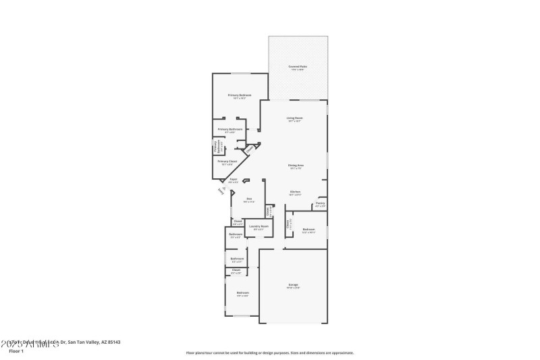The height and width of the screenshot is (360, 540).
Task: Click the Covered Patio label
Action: [298, 67]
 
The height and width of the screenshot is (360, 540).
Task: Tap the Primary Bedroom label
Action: [240, 95]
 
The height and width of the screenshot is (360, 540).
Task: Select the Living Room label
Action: [295, 118]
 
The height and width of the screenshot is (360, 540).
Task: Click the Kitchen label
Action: [295, 192]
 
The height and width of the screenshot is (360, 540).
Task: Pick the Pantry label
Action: [320, 203]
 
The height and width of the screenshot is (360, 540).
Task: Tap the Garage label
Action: [294, 285]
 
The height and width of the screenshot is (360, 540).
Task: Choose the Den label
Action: [248, 198]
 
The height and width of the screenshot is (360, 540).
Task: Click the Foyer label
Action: [233, 180]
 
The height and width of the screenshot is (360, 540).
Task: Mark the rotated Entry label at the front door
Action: [221, 192]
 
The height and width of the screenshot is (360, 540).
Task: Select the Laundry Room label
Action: [259, 226]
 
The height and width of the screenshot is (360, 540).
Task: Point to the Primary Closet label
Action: [227, 161]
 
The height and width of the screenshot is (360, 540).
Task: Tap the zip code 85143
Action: [113, 342]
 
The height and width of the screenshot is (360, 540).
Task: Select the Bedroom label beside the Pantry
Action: [308, 230]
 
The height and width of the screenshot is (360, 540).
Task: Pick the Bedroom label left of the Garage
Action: [242, 292]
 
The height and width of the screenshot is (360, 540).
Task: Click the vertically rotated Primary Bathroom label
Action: [216, 147]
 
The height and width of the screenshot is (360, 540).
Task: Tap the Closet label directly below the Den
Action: [237, 221]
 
